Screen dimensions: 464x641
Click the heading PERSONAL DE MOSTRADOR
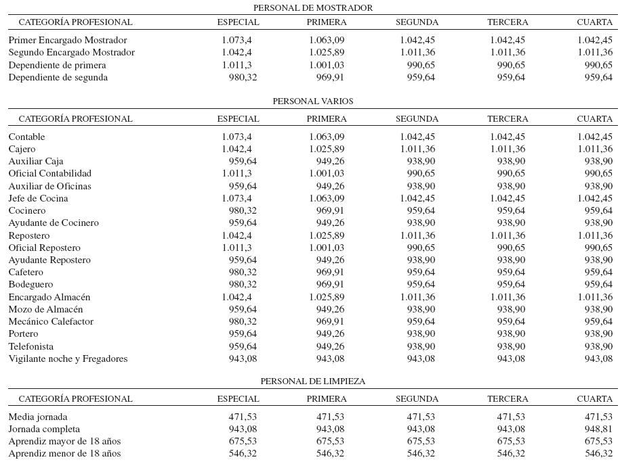pos(312,8)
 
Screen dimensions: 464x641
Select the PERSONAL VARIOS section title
pos(312,101)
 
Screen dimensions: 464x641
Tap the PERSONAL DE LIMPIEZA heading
pos(312,381)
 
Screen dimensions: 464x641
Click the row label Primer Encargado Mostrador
pos(68,41)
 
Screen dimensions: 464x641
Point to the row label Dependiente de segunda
pos(58,78)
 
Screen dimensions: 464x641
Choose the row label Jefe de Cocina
pos(38,199)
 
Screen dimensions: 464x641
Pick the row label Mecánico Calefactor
pos(51,322)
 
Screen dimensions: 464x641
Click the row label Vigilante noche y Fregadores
pos(68,359)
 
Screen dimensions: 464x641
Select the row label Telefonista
pos(31,347)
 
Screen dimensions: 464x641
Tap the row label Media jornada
pos(38,417)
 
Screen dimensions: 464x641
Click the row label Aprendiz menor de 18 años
pos(64,454)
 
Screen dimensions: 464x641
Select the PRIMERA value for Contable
pos(327,137)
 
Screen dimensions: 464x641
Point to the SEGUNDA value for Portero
pos(421,334)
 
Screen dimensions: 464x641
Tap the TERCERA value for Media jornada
pos(511,417)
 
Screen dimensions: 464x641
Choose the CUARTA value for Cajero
pos(595,149)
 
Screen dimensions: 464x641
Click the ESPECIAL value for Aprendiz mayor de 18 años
pos(243,442)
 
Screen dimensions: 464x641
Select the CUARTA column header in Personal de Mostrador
pos(594,22)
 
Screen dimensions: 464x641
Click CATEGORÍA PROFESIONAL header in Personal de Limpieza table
pos(75,399)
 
